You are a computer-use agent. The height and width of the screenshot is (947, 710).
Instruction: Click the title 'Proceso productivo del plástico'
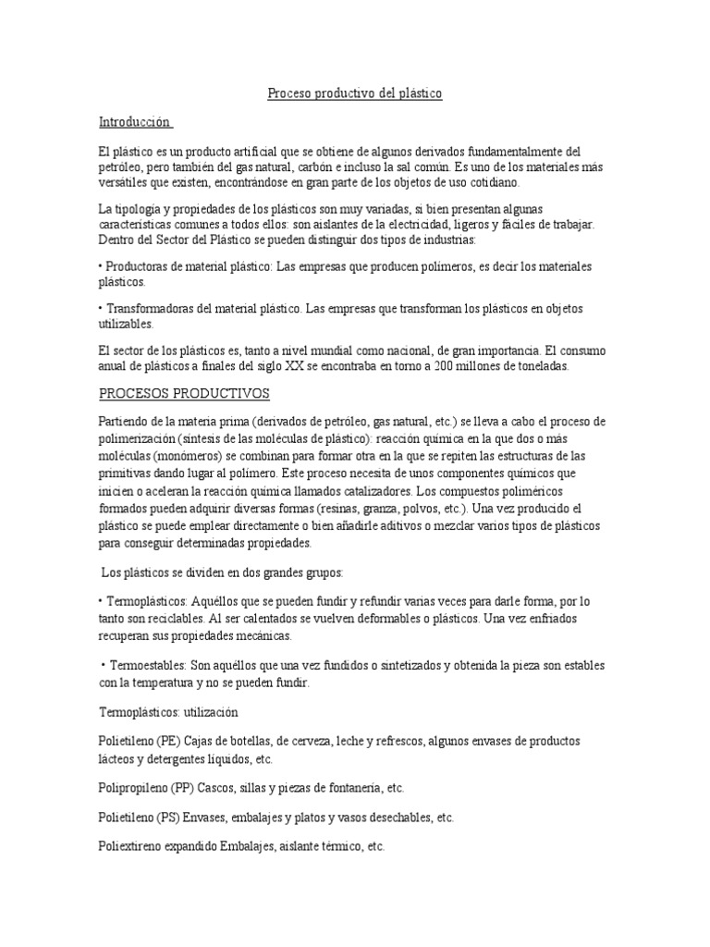pyautogui.click(x=355, y=93)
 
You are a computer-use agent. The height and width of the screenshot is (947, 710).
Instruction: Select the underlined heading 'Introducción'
pyautogui.click(x=135, y=122)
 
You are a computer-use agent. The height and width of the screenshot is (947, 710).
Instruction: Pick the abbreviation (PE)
pyautogui.click(x=168, y=742)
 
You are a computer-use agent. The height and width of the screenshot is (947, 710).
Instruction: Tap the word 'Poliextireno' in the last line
pyautogui.click(x=134, y=847)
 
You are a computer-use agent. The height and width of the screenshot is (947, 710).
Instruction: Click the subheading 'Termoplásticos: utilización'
pyautogui.click(x=168, y=712)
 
